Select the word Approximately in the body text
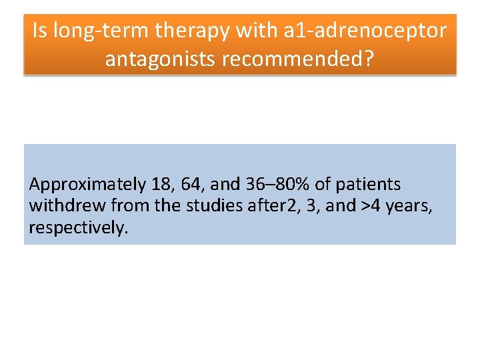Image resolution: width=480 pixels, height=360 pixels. [x=87, y=185]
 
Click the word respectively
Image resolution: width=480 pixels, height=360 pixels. [x=77, y=227]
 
